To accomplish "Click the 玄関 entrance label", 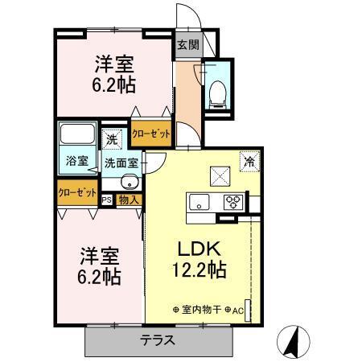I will coord(187,45).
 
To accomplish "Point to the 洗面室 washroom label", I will coord(121,162).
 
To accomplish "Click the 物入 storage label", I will coord(128,199).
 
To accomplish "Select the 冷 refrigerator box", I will coord(249,161).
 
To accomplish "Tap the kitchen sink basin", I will coord(200,200).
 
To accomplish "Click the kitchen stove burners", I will coord(234,201).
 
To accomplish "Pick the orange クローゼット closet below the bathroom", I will coord(77,193).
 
